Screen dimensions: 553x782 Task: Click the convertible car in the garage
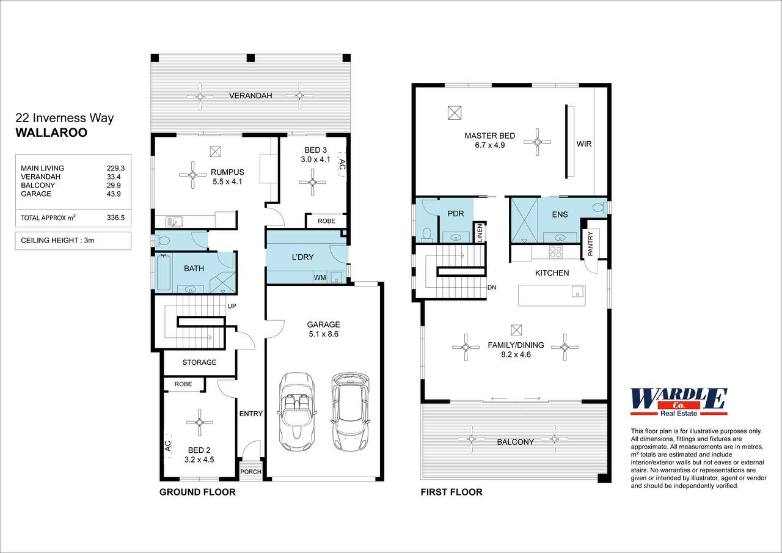tap(296, 413)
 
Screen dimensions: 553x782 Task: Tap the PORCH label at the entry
tap(250, 471)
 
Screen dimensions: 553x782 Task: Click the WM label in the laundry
tap(320, 278)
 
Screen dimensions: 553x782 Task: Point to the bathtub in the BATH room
tap(164, 273)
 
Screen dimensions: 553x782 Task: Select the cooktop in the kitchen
tap(556, 251)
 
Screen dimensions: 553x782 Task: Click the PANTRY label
tap(590, 244)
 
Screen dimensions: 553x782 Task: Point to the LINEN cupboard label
tap(480, 233)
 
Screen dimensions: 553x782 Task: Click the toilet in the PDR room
tap(428, 234)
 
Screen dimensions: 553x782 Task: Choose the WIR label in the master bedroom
tap(584, 144)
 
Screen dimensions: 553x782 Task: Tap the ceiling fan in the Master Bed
tap(537, 142)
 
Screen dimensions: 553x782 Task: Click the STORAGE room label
tap(199, 362)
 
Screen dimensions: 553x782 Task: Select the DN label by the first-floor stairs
tap(491, 287)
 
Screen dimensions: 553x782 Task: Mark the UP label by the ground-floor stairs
tap(232, 306)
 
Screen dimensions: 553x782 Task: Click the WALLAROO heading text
tap(51, 133)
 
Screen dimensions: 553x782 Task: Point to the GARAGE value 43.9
tap(115, 194)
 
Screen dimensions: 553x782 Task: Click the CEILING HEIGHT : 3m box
tap(73, 241)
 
